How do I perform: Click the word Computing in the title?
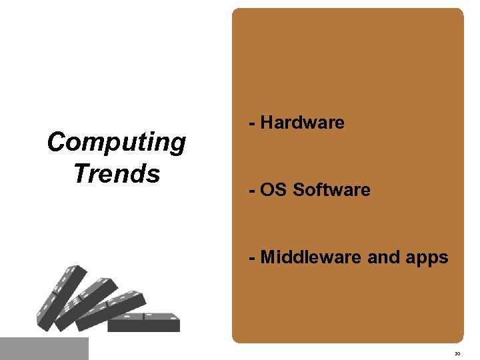coord(117,143)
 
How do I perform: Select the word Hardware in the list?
coord(302,123)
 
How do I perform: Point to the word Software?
coord(331,190)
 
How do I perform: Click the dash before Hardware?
coord(251,123)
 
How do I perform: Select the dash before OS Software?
coord(251,191)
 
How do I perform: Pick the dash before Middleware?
coord(251,258)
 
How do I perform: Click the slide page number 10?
coord(457,353)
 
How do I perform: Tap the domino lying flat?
coord(144,323)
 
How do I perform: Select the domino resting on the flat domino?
coord(110,311)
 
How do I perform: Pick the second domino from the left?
coord(83,303)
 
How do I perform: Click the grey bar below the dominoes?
coord(44,348)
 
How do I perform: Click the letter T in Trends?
coord(80,173)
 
